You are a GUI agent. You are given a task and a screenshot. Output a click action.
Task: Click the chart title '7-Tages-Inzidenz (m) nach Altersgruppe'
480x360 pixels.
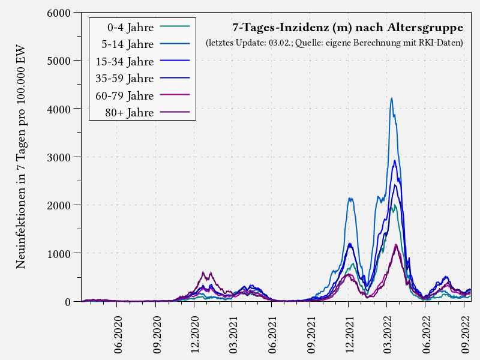[x=347, y=28]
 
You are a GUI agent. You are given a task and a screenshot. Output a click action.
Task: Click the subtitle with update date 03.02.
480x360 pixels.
[x=334, y=43]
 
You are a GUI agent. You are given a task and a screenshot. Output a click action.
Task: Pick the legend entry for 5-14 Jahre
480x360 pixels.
[x=128, y=44]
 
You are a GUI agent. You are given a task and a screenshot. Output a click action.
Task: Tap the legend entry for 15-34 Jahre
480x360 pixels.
[x=125, y=61]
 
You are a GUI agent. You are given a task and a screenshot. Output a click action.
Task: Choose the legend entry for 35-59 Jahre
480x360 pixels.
[x=125, y=78]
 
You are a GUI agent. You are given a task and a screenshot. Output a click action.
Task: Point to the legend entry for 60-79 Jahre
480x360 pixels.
[x=125, y=95]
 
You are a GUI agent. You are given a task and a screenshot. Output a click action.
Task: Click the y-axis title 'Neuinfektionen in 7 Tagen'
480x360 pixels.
[x=21, y=156]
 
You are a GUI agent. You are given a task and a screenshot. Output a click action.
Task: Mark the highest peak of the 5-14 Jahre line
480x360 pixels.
[x=392, y=98]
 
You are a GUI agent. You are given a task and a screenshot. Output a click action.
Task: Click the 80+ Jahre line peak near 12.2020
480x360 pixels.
[x=203, y=272]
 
